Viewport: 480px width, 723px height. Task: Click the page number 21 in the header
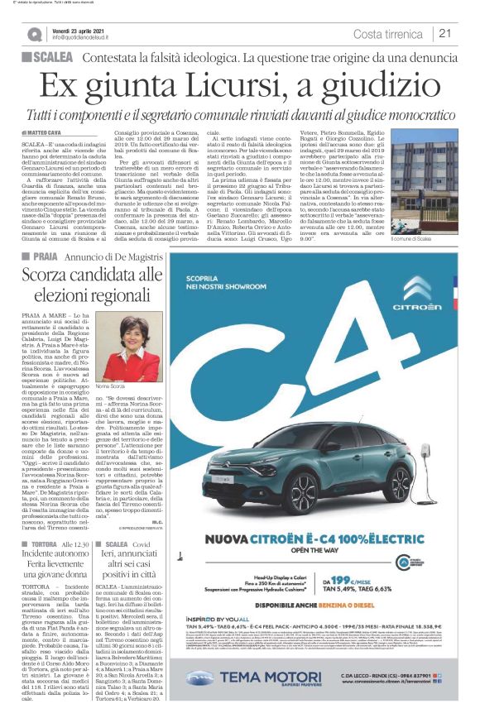[x=445, y=33]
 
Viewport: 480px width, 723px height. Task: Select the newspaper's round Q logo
[x=34, y=34]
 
